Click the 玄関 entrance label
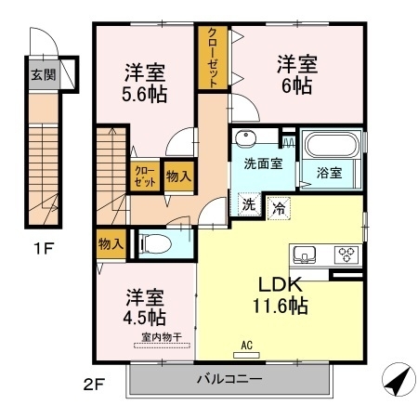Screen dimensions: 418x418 point(44,75)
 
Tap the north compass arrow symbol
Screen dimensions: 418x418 point(398,379)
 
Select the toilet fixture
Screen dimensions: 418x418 point(155,243)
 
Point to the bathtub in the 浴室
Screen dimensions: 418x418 point(332,145)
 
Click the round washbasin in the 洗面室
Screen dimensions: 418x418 point(245,138)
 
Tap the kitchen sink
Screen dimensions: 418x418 point(305,255)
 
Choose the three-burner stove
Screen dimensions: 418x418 point(346,255)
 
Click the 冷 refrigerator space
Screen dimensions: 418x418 point(279,208)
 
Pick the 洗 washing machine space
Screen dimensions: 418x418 point(249,204)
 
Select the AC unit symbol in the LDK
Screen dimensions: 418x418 point(246,355)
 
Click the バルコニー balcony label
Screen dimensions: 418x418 point(229,379)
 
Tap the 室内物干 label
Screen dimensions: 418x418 point(162,337)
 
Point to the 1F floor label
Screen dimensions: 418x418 point(44,248)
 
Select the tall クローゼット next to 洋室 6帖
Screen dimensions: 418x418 point(213,58)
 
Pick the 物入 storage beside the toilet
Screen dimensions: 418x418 point(111,244)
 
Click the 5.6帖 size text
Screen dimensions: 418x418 point(144,94)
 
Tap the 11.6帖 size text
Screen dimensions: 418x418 point(281,306)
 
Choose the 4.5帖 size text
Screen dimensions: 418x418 point(144,317)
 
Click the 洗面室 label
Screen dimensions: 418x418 point(263,163)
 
